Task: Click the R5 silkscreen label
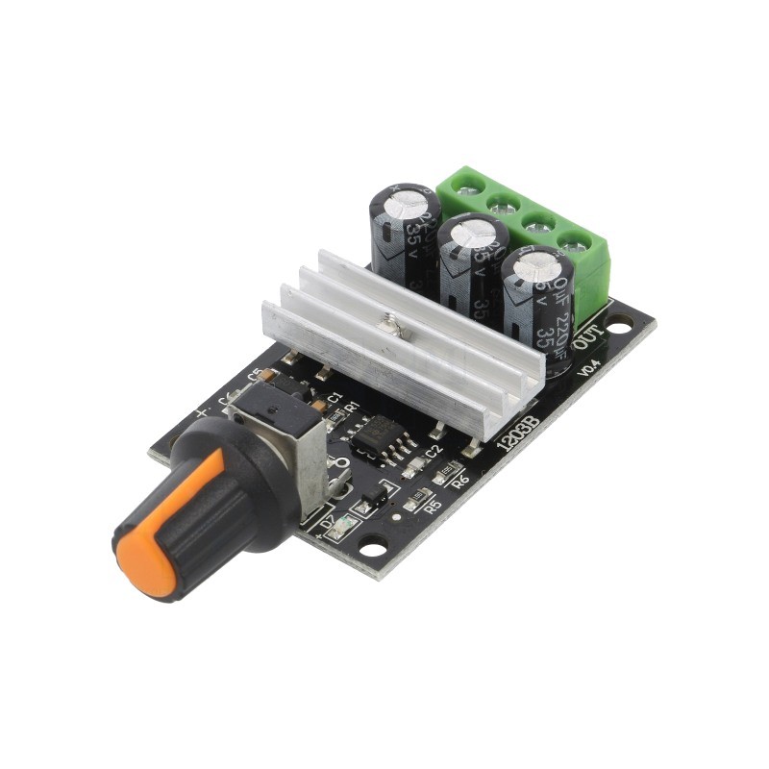[432, 505]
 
